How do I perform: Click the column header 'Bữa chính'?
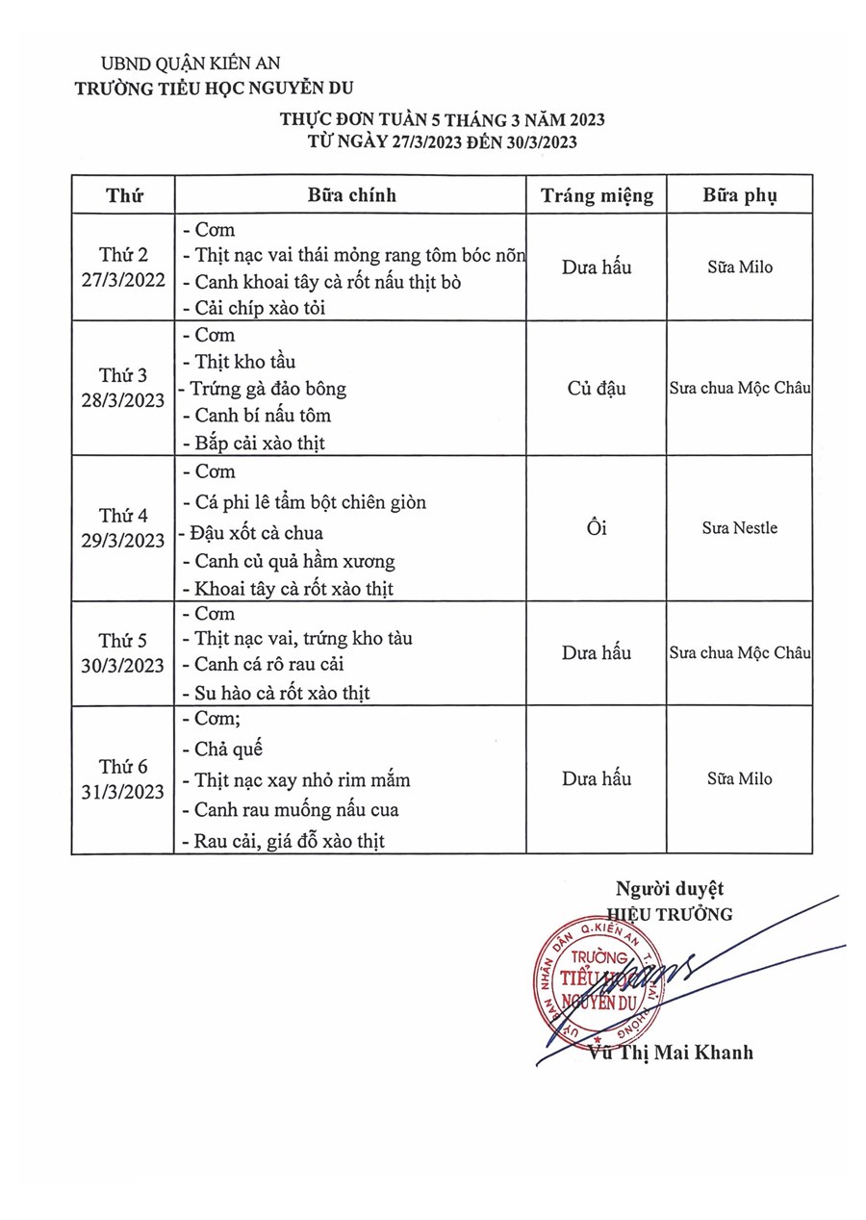[351, 195]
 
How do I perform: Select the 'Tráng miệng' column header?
[597, 195]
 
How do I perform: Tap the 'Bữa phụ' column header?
[740, 195]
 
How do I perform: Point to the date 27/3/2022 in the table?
[123, 282]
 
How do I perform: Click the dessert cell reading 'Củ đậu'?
[597, 389]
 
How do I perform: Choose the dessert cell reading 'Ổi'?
[597, 527]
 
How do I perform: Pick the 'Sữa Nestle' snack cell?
[740, 527]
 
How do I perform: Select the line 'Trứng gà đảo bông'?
[267, 389]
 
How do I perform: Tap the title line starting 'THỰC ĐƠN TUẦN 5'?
[442, 119]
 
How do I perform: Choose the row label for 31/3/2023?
[123, 779]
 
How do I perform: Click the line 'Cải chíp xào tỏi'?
[254, 309]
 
